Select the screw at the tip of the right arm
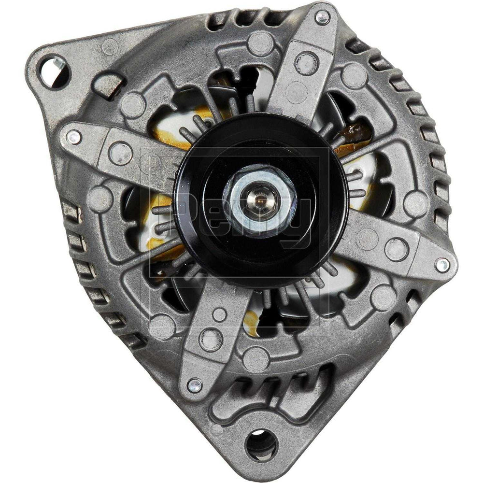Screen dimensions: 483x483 (441, 264)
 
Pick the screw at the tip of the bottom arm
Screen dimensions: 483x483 (195, 385)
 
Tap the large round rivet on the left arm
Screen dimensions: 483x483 (116, 154)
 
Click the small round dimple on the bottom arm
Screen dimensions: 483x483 (220, 315)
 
